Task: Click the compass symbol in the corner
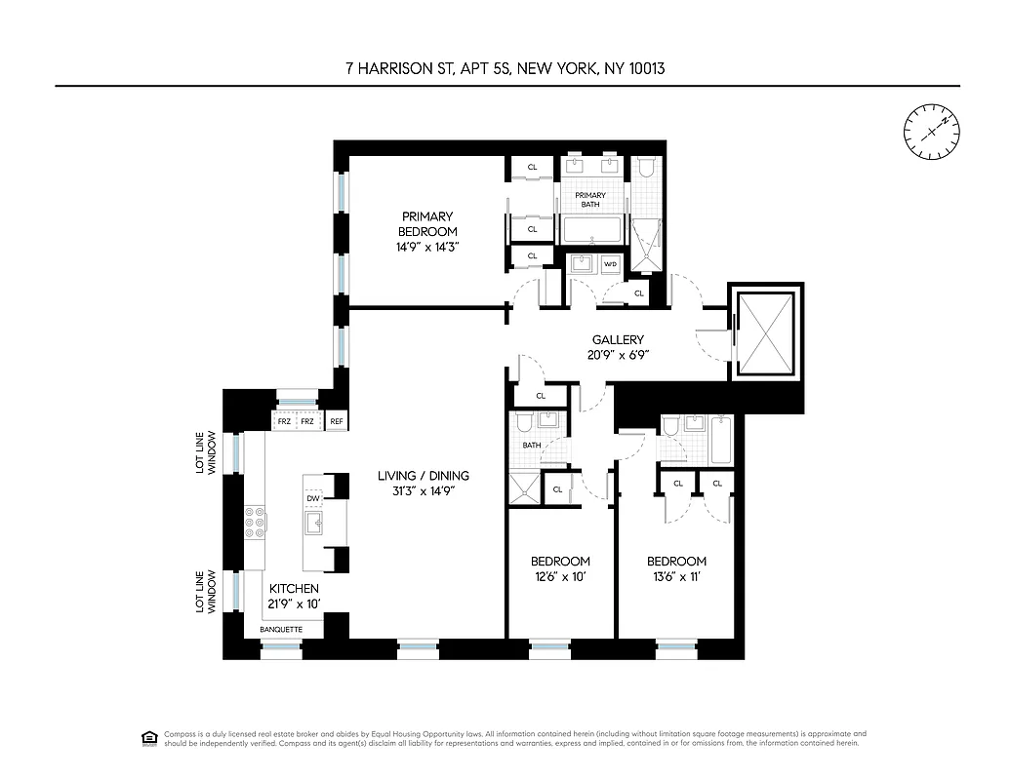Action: pyautogui.click(x=931, y=131)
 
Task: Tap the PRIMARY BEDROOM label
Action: pyautogui.click(x=427, y=223)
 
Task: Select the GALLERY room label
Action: pyautogui.click(x=617, y=339)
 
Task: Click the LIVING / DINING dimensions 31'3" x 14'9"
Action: pyautogui.click(x=423, y=491)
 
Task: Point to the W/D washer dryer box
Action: pyautogui.click(x=611, y=264)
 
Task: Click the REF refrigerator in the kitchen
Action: pyautogui.click(x=337, y=421)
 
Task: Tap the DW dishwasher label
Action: pyautogui.click(x=313, y=498)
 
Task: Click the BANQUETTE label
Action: pyautogui.click(x=280, y=630)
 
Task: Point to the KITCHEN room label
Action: pyautogui.click(x=294, y=589)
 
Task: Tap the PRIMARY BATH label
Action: pyautogui.click(x=589, y=201)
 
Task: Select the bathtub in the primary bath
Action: pyautogui.click(x=591, y=230)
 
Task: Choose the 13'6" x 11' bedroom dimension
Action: pyautogui.click(x=676, y=576)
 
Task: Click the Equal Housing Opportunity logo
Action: pyautogui.click(x=149, y=736)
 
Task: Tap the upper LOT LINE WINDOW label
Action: pyautogui.click(x=203, y=452)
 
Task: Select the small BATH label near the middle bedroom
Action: pyautogui.click(x=531, y=445)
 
